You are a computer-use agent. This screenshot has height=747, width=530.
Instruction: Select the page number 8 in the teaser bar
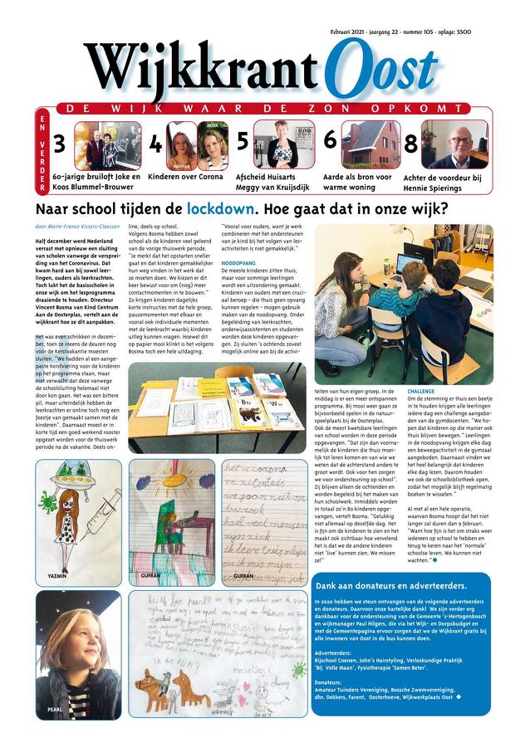click(x=410, y=143)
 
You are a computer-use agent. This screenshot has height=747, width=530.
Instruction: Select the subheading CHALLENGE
click(x=421, y=389)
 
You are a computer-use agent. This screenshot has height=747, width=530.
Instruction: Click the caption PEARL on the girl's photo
click(x=56, y=710)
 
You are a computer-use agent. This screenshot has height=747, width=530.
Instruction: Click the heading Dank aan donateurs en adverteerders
click(x=396, y=608)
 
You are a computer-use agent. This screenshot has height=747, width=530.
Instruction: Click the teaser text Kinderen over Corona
click(x=185, y=177)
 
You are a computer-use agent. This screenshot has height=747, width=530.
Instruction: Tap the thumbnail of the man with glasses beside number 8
click(x=454, y=144)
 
